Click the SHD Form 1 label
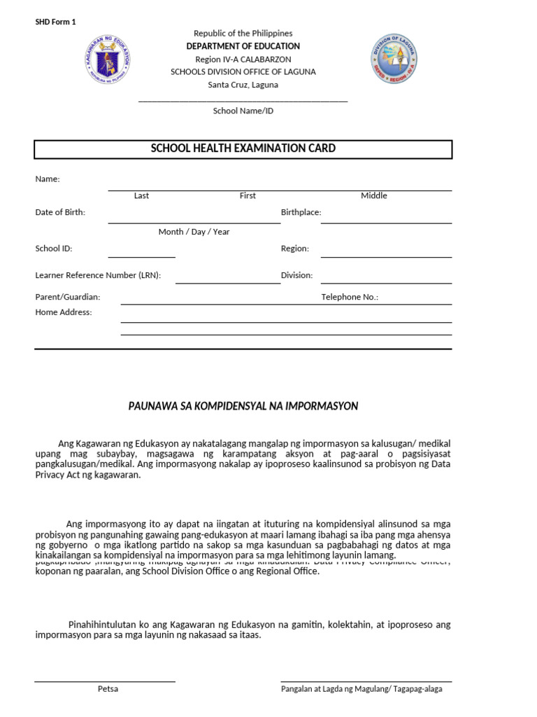click(55, 22)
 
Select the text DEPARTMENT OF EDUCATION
click(243, 46)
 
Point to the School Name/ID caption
click(243, 111)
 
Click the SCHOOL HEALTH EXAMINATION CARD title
click(243, 148)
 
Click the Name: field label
click(48, 179)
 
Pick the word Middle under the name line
click(373, 196)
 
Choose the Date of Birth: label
click(60, 212)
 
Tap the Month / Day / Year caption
click(194, 232)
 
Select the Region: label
click(294, 249)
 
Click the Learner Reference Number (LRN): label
click(98, 275)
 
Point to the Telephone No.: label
click(350, 298)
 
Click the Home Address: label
click(64, 312)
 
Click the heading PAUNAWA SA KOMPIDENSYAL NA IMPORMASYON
click(243, 406)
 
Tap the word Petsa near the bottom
click(108, 689)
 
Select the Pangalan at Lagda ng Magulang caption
click(361, 689)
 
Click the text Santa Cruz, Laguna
click(243, 85)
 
